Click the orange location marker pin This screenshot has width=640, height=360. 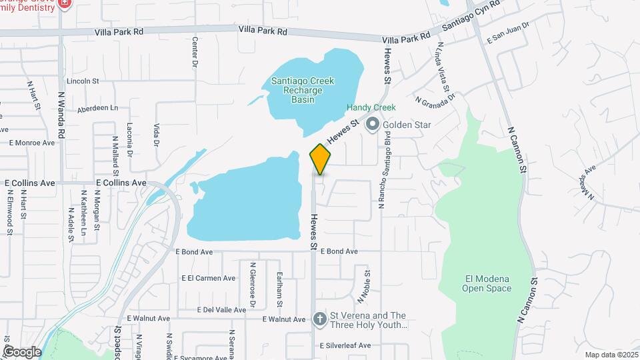(320, 159)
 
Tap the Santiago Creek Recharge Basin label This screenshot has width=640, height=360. (302, 90)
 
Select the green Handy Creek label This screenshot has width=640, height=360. (371, 107)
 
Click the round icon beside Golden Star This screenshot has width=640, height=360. (373, 124)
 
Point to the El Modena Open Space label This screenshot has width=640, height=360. (487, 283)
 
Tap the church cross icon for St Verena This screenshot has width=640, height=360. (320, 319)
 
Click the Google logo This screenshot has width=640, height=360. (21, 352)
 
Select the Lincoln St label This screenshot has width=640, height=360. (83, 81)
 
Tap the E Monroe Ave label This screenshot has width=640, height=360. (31, 143)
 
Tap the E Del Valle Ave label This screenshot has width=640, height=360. (222, 309)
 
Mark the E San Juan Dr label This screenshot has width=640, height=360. (507, 33)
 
